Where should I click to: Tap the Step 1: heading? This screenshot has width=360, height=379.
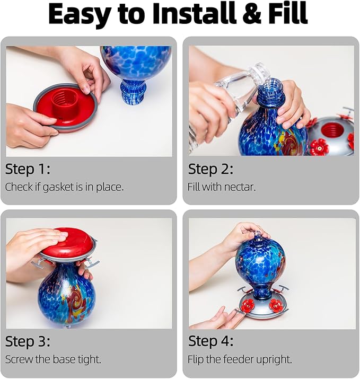pyautogui.click(x=28, y=169)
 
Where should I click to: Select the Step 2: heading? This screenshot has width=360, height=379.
pyautogui.click(x=210, y=169)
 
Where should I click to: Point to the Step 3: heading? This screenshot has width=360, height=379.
pyautogui.click(x=28, y=341)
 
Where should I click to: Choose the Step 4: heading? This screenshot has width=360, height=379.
pyautogui.click(x=211, y=341)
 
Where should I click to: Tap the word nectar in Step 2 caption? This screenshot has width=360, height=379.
pyautogui.click(x=242, y=187)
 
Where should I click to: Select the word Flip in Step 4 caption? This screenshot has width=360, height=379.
pyautogui.click(x=196, y=359)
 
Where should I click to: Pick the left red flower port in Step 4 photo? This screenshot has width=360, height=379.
pyautogui.click(x=248, y=305)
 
